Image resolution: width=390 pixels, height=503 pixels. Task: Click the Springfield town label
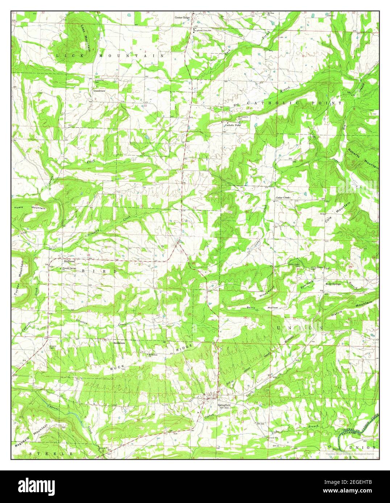point(224,405)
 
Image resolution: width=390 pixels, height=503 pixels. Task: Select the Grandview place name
point(99,91)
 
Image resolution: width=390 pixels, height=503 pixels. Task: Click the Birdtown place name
point(69,261)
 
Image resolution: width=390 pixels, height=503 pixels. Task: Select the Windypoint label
point(267,292)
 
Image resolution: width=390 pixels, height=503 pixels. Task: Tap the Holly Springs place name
point(333,284)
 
